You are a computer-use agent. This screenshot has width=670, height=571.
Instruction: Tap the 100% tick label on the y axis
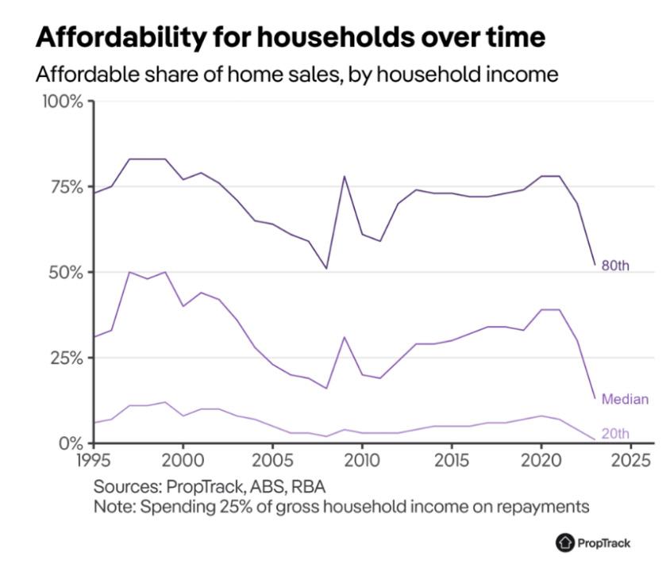61,102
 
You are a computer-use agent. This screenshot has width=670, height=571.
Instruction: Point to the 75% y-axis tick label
64,187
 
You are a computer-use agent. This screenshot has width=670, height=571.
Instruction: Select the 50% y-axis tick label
64,272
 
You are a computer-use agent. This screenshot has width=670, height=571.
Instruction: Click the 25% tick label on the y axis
64,358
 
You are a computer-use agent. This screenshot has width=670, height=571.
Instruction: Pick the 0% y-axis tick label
69,443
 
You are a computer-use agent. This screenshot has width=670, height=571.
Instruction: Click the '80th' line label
615,266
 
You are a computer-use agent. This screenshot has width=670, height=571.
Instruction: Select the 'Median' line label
625,399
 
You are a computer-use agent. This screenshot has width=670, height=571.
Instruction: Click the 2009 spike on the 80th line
345,176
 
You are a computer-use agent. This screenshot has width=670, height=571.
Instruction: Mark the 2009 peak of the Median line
345,337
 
